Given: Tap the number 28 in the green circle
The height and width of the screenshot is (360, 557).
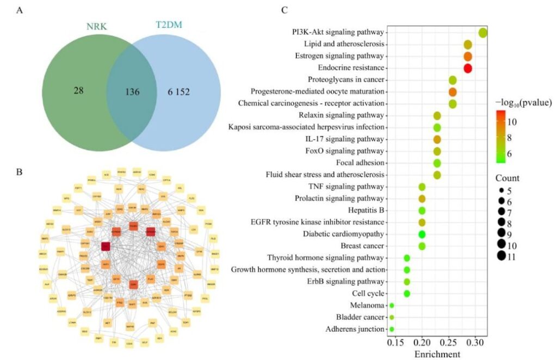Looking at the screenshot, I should pos(78,89).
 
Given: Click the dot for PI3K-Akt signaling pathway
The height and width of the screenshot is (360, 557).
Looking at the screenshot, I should pos(482,33).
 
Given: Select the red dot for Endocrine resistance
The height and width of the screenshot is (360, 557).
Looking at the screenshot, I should pos(467,68).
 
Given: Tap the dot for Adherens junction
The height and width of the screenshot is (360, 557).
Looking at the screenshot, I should pos(392,329).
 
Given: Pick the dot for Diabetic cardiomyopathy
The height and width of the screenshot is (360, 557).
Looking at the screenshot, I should pos(422,234).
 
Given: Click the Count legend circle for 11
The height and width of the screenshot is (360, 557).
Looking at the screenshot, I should pos(501,257).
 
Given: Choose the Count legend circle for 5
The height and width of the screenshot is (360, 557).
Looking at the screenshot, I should pos(501,191).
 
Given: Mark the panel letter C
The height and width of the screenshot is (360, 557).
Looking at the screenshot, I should pos(284,9).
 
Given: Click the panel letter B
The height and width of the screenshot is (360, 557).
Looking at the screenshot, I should pos(20,173).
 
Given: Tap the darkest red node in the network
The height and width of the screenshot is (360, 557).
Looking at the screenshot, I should pos(106,246).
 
